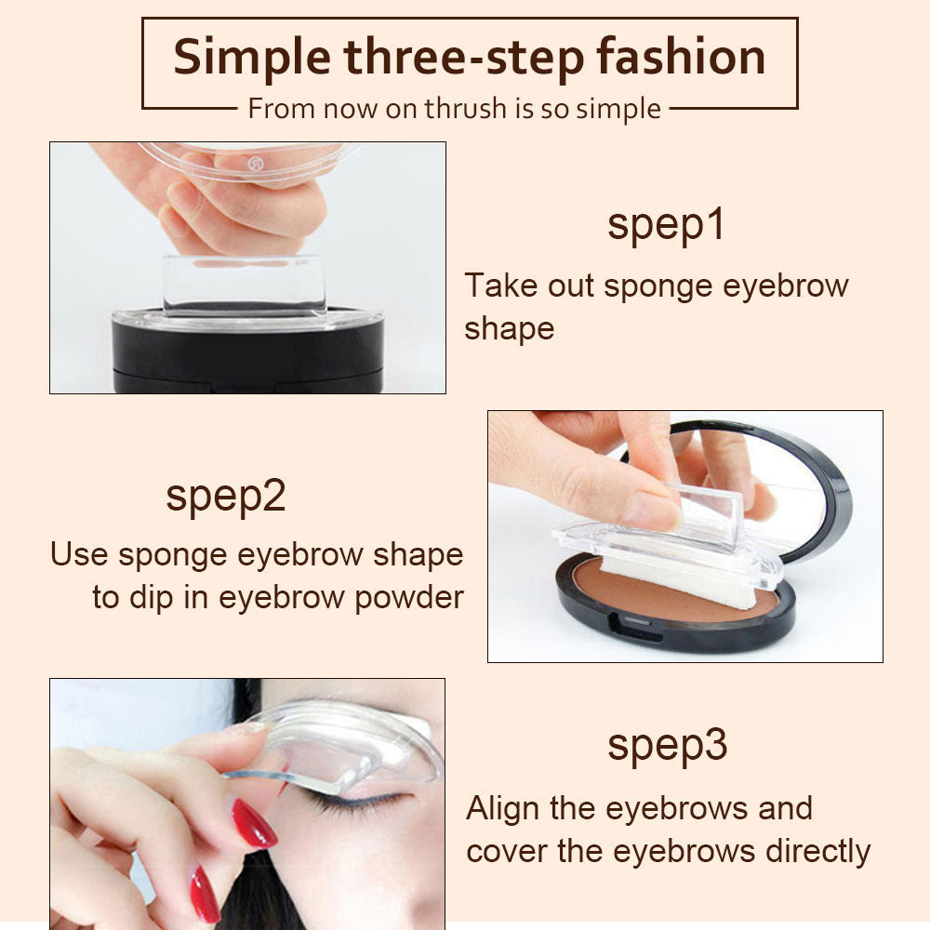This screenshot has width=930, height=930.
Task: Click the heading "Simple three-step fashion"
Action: coord(469,58)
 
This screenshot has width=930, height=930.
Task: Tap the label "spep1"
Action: coord(665,226)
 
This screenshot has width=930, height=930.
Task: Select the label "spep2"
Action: coord(225,497)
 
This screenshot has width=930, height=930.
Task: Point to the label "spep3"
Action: coord(667,746)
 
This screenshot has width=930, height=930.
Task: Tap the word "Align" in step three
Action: coord(503,808)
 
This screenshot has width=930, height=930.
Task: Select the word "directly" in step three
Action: coord(817,851)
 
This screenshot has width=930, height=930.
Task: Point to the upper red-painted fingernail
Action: coord(254,822)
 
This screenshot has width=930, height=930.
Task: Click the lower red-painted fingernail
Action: coord(204,894)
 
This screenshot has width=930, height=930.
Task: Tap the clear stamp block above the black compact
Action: coord(244,284)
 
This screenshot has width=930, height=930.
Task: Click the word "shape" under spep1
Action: coord(509,328)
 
